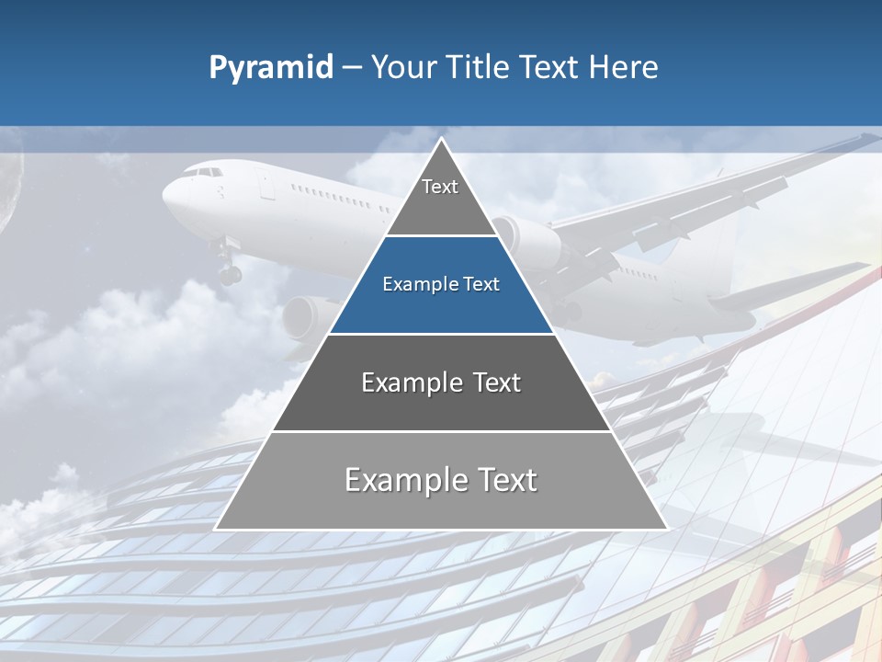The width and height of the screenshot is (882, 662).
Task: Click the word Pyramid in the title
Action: point(271,68)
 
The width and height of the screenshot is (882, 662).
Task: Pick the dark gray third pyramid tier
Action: point(441,405)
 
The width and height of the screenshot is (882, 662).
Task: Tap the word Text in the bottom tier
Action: point(502,480)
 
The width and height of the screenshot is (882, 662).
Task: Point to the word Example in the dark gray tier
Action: point(401,382)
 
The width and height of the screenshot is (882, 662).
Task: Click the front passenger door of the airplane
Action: point(266,187)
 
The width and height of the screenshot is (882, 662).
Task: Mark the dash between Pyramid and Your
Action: point(352,68)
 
